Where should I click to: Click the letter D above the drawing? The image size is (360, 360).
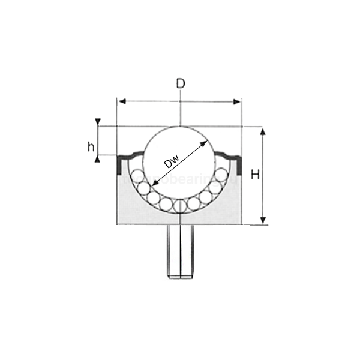click(x=180, y=84)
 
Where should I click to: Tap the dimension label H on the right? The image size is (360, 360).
click(x=255, y=175)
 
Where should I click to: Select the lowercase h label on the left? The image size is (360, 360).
click(x=91, y=146)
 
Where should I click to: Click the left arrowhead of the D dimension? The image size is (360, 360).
click(x=121, y=101)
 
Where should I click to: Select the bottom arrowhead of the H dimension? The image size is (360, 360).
click(x=262, y=220)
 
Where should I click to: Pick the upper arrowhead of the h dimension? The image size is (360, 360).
click(x=98, y=122)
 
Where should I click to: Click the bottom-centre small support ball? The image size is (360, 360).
click(x=179, y=205)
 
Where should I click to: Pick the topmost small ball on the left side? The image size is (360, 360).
click(x=137, y=176)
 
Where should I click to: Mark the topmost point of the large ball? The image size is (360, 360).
click(x=179, y=127)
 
